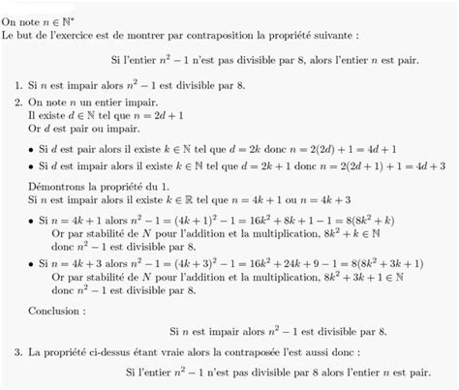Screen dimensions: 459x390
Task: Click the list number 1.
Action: point(20,87)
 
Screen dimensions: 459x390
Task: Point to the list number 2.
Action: point(20,102)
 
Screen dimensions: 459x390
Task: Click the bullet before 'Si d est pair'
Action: point(33,150)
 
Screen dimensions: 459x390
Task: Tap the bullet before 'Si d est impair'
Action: point(33,166)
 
